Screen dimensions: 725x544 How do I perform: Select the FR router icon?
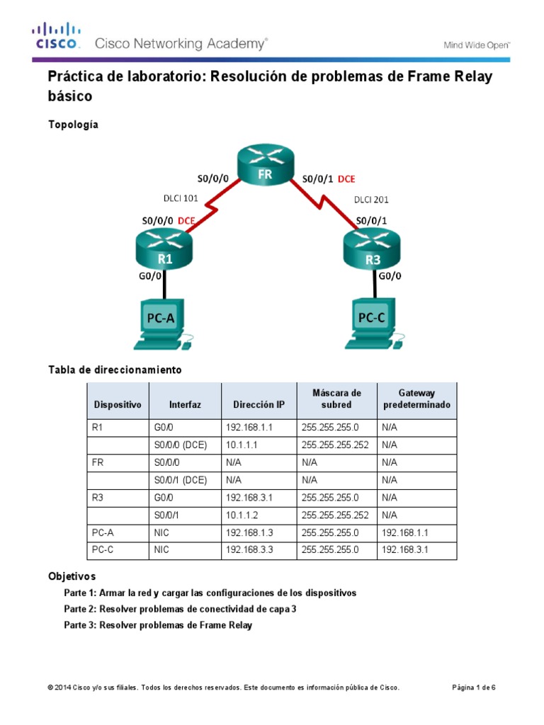tap(265, 165)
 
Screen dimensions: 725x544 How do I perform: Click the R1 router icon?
tap(164, 251)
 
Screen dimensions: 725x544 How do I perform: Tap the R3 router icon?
tap(373, 251)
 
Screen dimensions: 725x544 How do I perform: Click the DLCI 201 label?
tap(371, 200)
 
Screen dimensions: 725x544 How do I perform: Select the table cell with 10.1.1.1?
tap(244, 445)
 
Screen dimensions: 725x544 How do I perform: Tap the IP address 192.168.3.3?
tap(249, 549)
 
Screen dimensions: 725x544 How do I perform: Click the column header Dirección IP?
tap(256, 405)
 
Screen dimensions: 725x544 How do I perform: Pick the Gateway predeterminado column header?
tap(416, 399)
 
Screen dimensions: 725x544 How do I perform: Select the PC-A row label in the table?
tap(103, 532)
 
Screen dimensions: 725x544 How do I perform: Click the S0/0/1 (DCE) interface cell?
tap(180, 479)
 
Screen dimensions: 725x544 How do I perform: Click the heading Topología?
tap(73, 125)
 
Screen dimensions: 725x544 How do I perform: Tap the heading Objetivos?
tap(72, 576)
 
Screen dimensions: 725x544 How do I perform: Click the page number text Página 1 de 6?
tap(473, 687)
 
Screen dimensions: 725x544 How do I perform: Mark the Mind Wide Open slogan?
tap(477, 45)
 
